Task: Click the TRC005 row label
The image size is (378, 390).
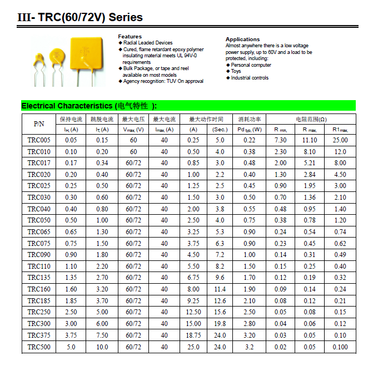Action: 39,140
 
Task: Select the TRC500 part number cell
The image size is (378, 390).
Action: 39,347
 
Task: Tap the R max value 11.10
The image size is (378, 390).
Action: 310,140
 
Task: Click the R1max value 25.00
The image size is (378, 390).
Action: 340,140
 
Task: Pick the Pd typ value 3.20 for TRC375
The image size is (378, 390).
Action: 250,335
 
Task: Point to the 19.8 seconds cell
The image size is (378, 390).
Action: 220,324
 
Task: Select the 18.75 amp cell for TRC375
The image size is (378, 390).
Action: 193,335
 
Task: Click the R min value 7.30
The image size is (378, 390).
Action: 280,140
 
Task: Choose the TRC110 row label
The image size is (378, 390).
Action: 39,266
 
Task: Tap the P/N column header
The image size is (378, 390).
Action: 39,124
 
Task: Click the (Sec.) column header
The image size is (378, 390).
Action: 220,130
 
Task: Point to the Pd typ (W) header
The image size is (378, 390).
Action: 250,130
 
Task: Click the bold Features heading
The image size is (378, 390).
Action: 130,37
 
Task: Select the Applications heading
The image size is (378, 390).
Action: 242,40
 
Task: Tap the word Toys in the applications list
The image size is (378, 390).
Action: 236,71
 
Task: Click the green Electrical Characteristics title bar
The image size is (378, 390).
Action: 188,106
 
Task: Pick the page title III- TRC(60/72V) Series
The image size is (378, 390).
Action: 80,17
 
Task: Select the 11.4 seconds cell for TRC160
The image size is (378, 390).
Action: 220,289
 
